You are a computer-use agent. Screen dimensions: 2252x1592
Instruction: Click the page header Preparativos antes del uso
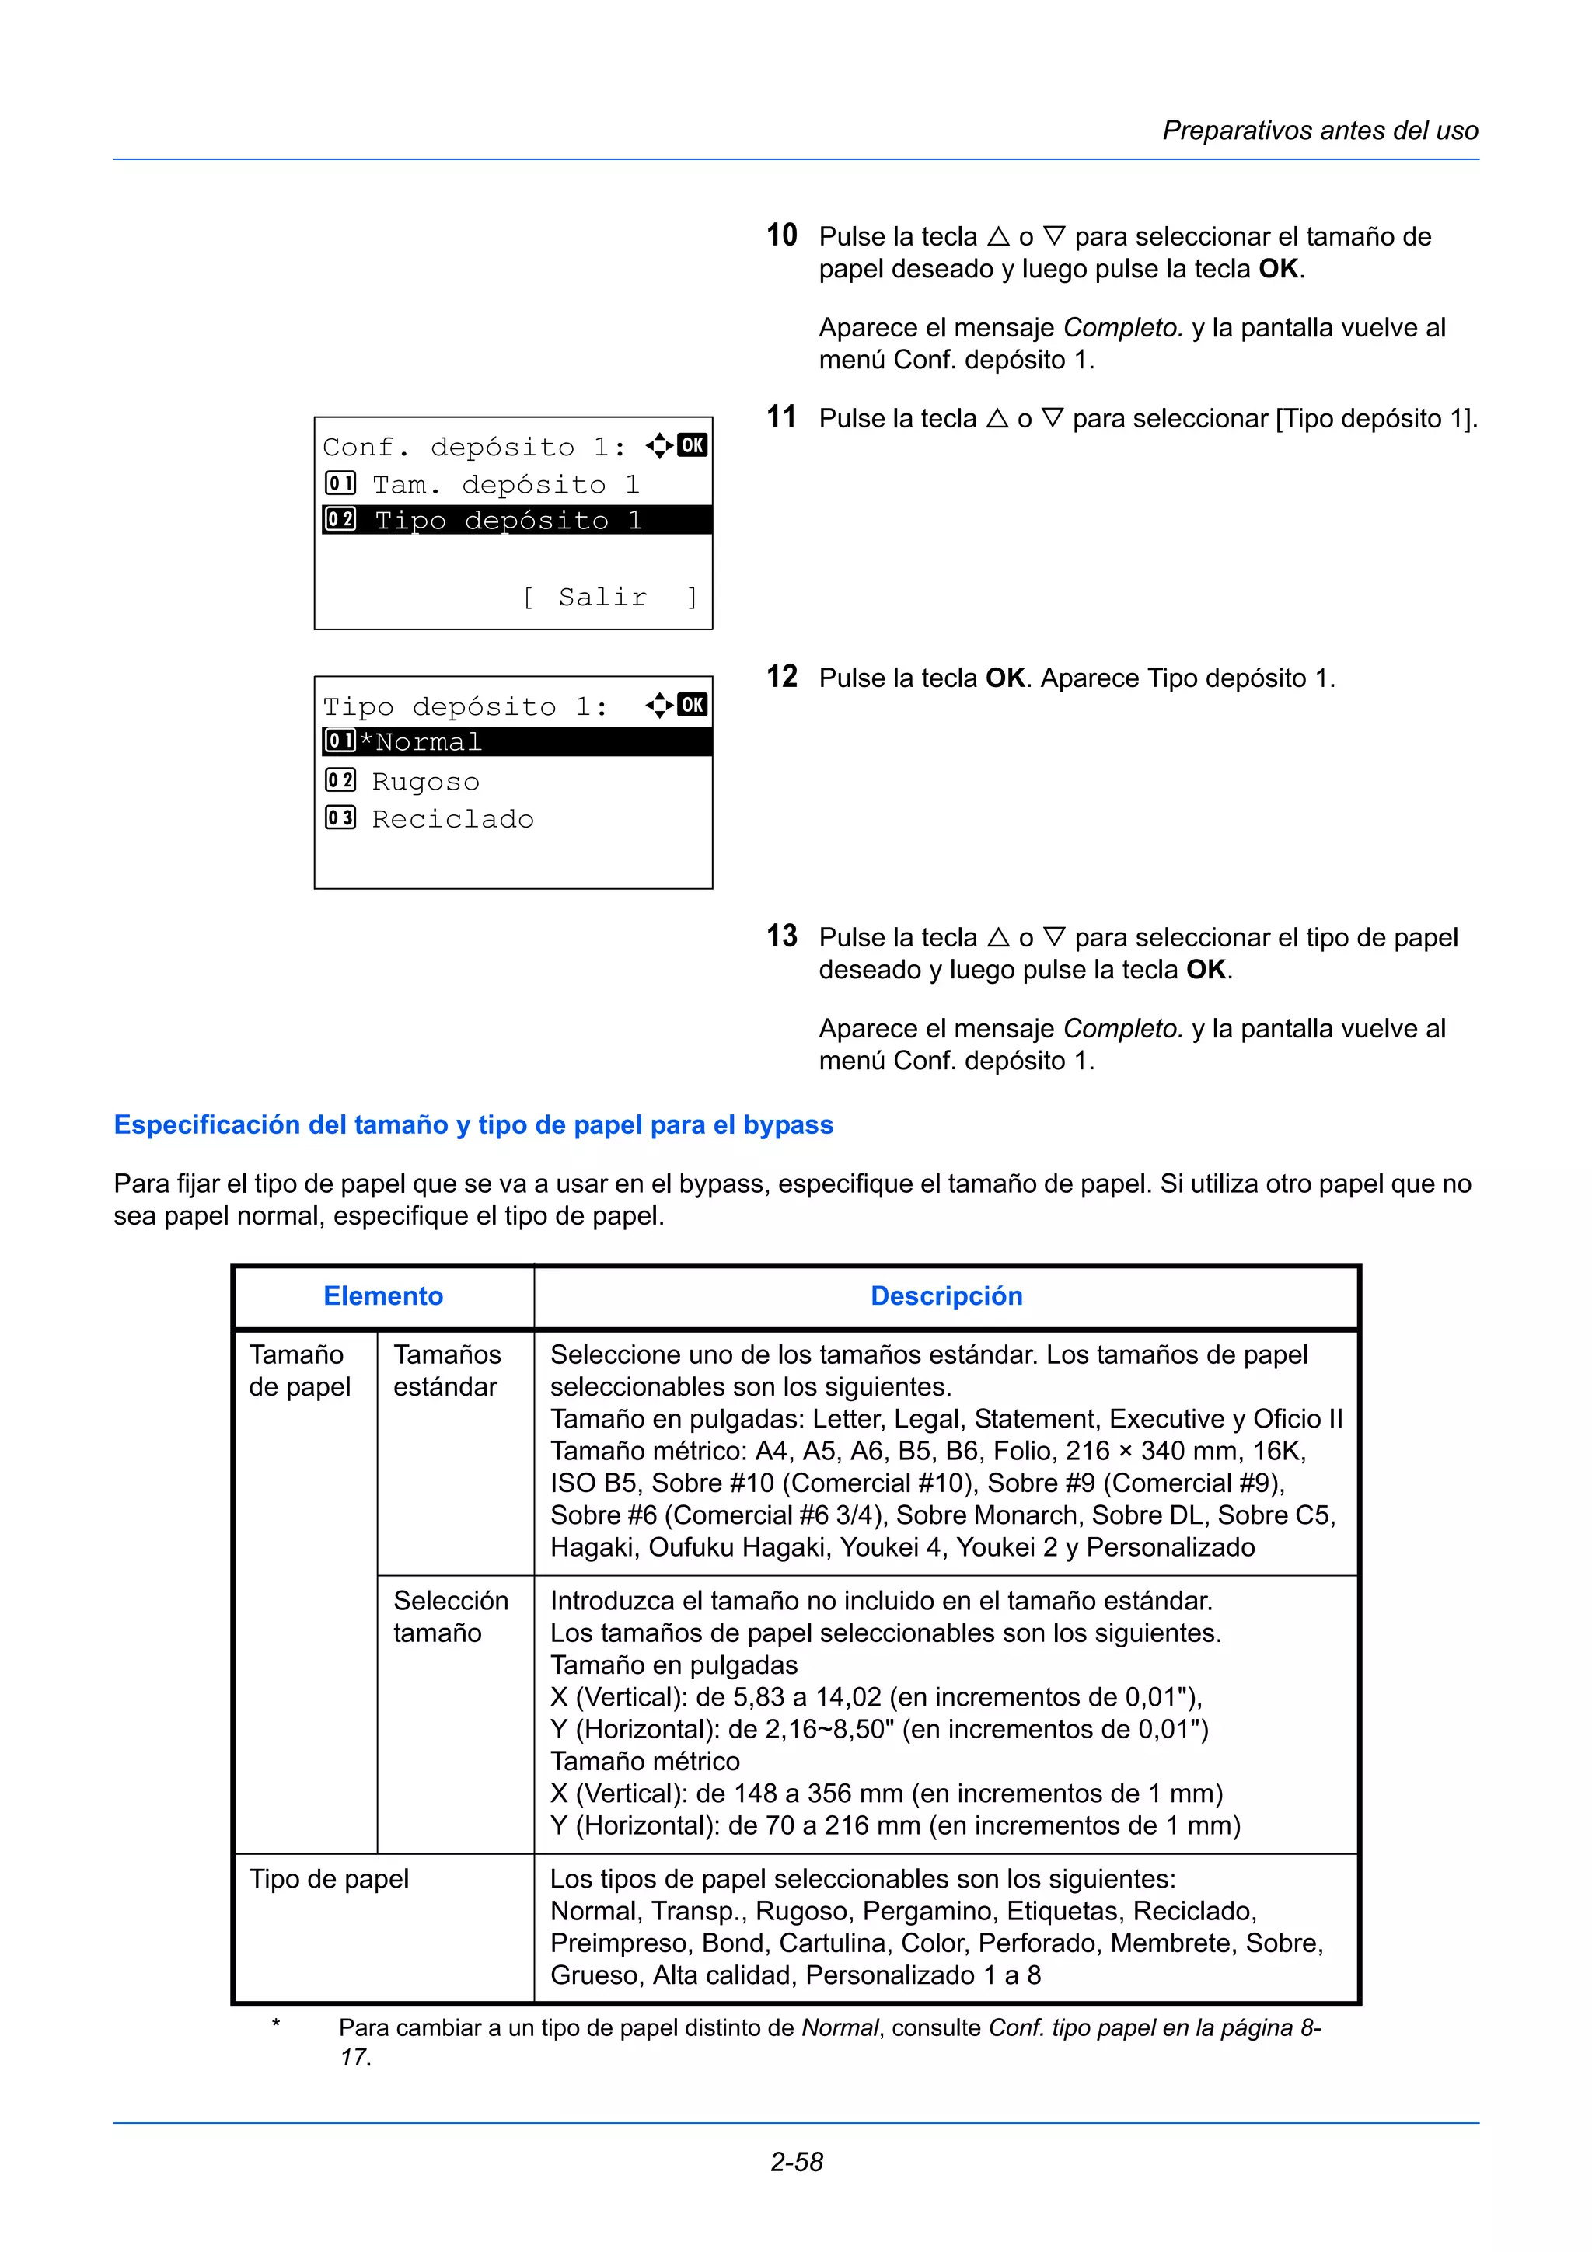point(1319,131)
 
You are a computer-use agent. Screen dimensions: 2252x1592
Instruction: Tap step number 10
point(782,235)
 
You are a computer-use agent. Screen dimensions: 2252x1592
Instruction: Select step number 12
point(782,677)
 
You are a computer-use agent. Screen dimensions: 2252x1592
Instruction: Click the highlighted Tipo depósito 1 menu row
point(514,520)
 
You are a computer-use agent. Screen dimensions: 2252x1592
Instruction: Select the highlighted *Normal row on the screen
point(514,742)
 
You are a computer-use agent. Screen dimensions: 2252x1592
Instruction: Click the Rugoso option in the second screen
point(426,782)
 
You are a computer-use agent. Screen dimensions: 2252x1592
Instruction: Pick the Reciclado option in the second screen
point(452,819)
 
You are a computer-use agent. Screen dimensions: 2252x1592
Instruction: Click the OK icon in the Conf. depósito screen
point(693,445)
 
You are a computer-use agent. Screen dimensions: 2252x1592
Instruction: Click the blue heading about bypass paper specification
point(473,1125)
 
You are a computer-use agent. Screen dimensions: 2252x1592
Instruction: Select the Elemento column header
point(383,1295)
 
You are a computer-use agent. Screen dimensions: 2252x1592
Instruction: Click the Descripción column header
point(947,1295)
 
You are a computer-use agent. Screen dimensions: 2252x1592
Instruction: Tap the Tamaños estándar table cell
point(447,1370)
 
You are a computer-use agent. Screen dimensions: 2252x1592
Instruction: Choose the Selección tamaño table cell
point(450,1616)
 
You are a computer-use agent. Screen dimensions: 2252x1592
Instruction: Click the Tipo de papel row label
point(329,1878)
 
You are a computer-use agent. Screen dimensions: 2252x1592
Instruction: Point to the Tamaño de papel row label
point(299,1370)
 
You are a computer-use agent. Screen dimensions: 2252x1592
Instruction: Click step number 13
point(782,936)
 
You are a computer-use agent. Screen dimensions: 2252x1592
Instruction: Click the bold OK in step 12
point(1004,678)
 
